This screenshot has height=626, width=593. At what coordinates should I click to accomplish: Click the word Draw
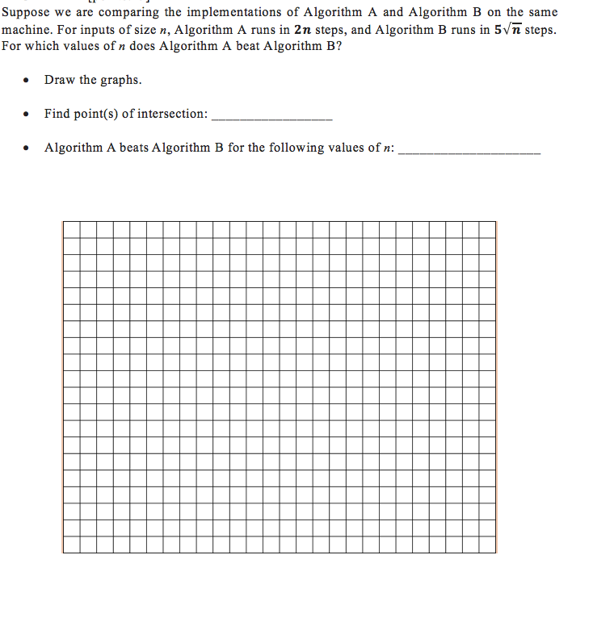click(x=59, y=80)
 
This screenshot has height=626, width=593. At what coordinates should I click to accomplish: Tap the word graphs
click(x=122, y=81)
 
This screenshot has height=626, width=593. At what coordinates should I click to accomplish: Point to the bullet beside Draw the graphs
click(x=27, y=81)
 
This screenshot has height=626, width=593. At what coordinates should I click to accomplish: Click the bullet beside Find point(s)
click(x=27, y=115)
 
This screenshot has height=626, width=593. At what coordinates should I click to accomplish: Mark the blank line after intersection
click(x=271, y=119)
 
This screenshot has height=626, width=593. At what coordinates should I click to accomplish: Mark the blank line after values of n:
click(x=469, y=152)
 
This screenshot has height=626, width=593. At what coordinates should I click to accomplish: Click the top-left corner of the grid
click(x=63, y=221)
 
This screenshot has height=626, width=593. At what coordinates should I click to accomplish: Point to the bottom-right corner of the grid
click(x=496, y=553)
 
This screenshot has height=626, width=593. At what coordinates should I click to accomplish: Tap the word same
click(x=543, y=12)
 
